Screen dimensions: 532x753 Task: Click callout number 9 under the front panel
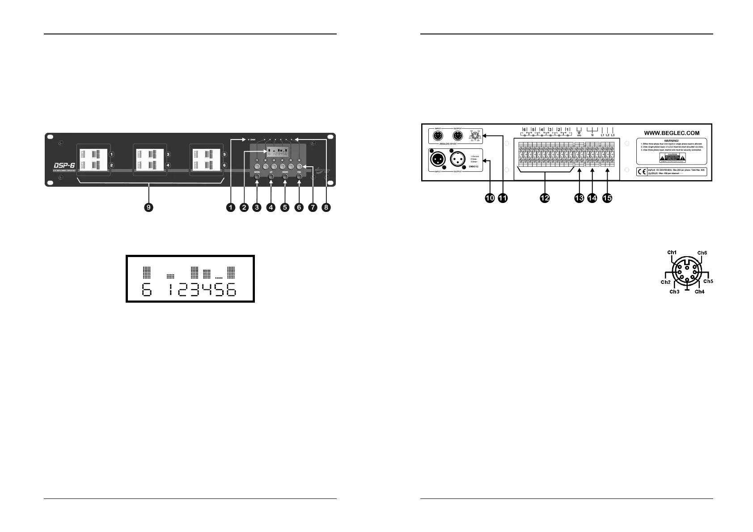pyautogui.click(x=148, y=207)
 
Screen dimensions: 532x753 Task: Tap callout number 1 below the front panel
pyautogui.click(x=231, y=207)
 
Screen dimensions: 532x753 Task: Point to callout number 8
pyautogui.click(x=327, y=207)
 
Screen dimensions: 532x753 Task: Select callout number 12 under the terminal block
pyautogui.click(x=544, y=198)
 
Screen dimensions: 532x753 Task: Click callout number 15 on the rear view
pyautogui.click(x=607, y=198)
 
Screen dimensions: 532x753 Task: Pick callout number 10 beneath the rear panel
pyautogui.click(x=490, y=198)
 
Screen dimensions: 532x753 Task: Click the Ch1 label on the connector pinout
pyautogui.click(x=672, y=253)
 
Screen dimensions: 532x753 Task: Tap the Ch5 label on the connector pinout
pyautogui.click(x=708, y=282)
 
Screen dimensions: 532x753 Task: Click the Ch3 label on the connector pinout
pyautogui.click(x=674, y=292)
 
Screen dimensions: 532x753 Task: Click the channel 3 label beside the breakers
pyautogui.click(x=167, y=155)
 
